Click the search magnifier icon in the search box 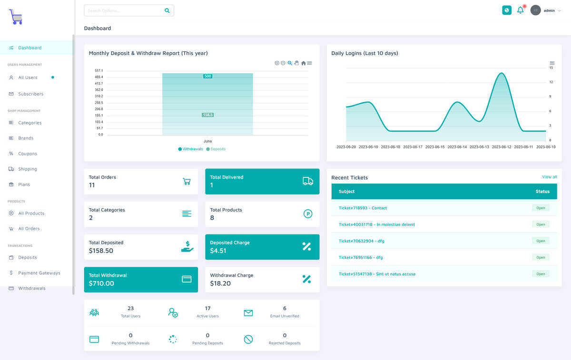tap(167, 10)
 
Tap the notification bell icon tap(520, 10)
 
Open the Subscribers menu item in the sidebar tap(30, 94)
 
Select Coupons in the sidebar tap(28, 154)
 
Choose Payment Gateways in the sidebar tap(39, 272)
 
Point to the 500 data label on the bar tap(208, 76)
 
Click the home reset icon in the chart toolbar tap(304, 63)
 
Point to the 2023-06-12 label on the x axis tap(502, 147)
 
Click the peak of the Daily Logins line tap(502, 73)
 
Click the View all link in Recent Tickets tap(549, 177)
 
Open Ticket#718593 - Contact tap(363, 208)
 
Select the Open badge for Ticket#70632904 tap(541, 241)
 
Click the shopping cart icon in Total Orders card tap(187, 181)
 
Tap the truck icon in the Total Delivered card tap(308, 181)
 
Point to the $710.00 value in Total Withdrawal tap(101, 283)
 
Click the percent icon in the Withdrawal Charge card tap(306, 279)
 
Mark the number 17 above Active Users tap(207, 308)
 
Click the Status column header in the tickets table tap(542, 191)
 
